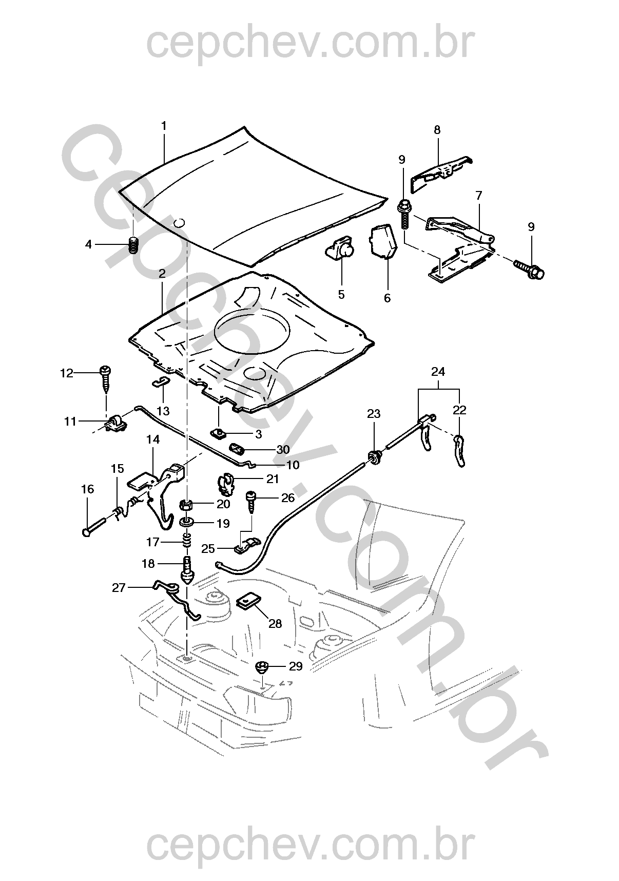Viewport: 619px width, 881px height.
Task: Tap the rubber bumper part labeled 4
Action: [133, 245]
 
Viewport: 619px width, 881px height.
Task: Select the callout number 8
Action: [437, 130]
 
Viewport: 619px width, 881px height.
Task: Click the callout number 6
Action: [387, 298]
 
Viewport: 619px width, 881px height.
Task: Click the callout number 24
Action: [438, 372]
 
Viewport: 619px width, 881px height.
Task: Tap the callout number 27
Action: [119, 588]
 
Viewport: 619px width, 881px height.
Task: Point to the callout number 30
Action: [283, 450]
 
